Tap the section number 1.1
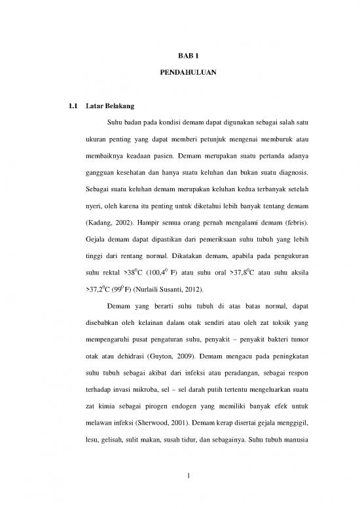(73, 105)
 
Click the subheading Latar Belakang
(111, 105)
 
